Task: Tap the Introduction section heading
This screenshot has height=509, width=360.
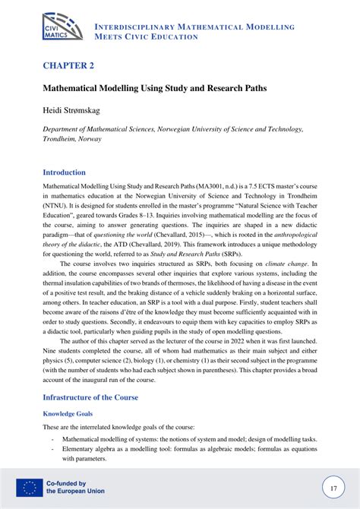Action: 64,172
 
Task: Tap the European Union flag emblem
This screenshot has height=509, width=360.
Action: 28,487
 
